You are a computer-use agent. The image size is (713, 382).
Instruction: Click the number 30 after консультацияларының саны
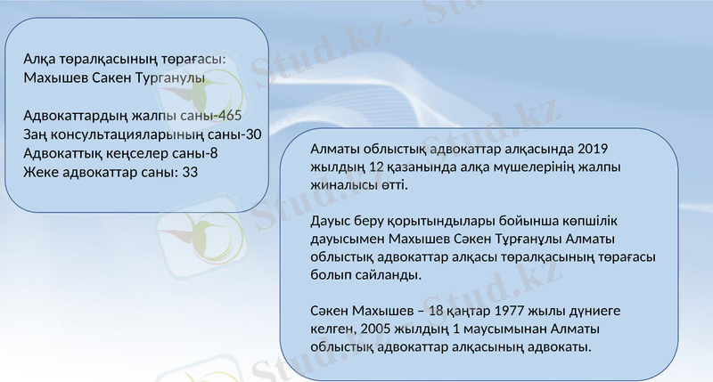coord(253,135)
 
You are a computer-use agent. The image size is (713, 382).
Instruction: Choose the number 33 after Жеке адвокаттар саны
coord(189,172)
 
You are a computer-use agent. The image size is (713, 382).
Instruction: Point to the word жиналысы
coord(344,186)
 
